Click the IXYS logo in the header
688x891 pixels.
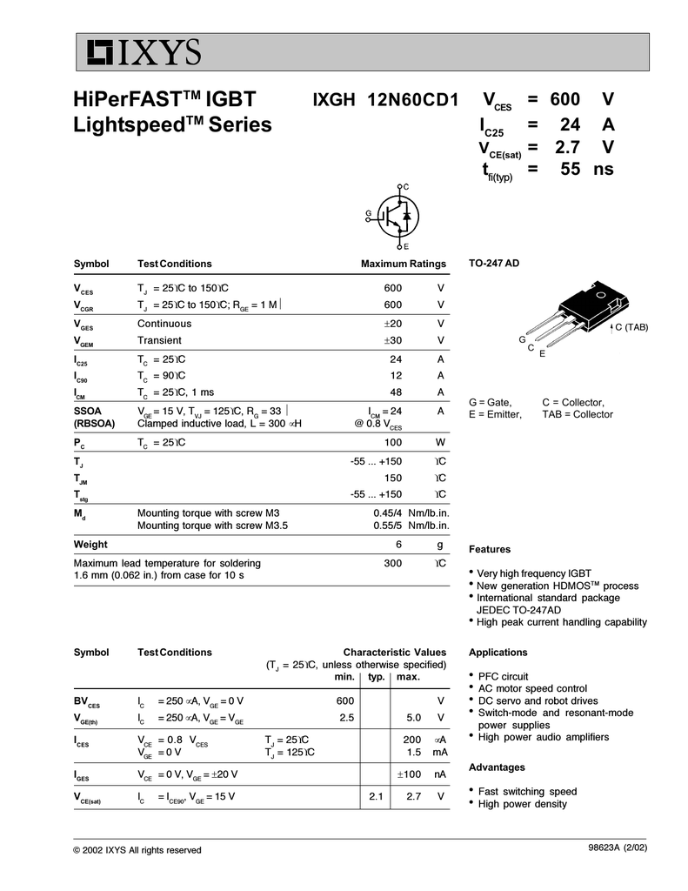pos(144,53)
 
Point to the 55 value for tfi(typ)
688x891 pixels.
pos(570,169)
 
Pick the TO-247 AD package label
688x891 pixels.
pos(494,263)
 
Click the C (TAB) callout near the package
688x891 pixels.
pos(631,326)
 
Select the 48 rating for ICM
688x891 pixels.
pos(396,392)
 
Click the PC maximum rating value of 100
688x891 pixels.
pos(392,442)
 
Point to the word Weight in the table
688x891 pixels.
pos(90,545)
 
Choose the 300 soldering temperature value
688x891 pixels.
pos(392,563)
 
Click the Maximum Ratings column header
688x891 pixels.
pos(404,264)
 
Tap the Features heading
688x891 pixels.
pos(490,549)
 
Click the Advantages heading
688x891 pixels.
pos(497,767)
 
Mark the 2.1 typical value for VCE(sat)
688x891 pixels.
pos(376,796)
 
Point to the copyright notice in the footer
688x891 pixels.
pos(137,850)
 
